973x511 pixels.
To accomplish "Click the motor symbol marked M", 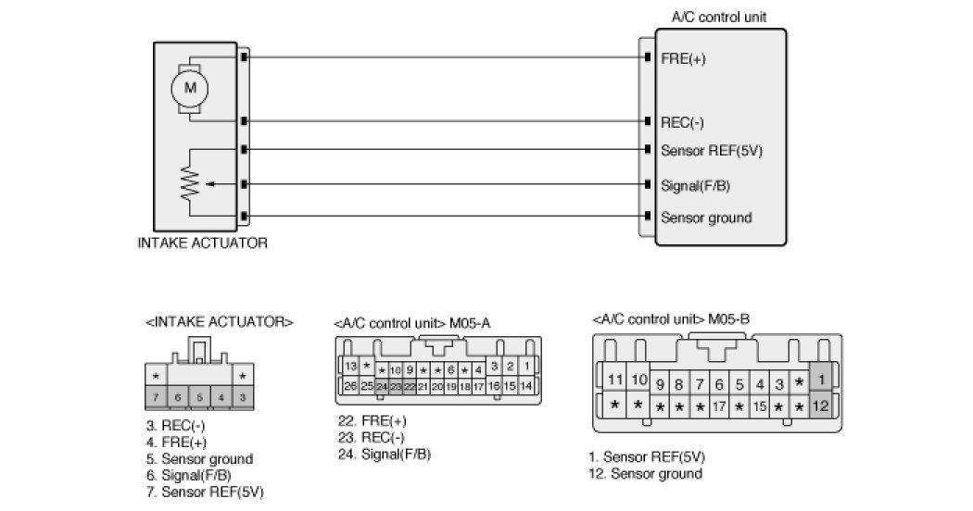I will click(x=191, y=88).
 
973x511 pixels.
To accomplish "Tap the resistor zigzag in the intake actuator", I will click(x=192, y=184).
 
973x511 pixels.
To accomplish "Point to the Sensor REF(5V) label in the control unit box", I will click(x=711, y=151).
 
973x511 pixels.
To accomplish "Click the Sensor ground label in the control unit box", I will click(x=706, y=218).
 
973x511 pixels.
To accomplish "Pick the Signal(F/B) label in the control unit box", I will click(x=696, y=185).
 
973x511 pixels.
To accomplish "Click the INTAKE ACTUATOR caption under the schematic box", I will click(x=203, y=244).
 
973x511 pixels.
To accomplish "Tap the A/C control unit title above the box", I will click(x=718, y=17).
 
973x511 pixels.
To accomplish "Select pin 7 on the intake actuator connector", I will click(x=156, y=397).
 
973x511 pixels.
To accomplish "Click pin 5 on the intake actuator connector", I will click(x=198, y=397).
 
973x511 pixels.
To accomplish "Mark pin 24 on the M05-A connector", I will click(x=382, y=386).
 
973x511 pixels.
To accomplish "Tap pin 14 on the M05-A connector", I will click(x=526, y=385).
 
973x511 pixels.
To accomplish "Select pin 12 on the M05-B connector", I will click(x=819, y=405).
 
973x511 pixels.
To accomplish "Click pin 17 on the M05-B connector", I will click(x=718, y=405).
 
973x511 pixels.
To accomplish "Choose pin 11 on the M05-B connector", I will click(x=616, y=380).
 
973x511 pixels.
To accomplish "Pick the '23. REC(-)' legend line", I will click(x=372, y=437).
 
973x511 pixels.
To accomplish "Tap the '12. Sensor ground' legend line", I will click(x=646, y=474).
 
